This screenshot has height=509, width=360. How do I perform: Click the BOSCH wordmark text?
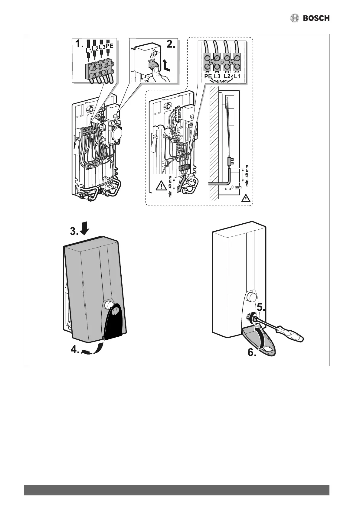pyautogui.click(x=316, y=18)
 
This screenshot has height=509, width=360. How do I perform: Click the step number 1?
pyautogui.click(x=78, y=44)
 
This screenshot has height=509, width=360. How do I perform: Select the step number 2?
pyautogui.click(x=171, y=44)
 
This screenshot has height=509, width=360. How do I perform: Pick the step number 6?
pyautogui.click(x=252, y=352)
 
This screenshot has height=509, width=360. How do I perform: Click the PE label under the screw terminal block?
pyautogui.click(x=208, y=76)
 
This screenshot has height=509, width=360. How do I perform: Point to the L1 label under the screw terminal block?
pyautogui.click(x=237, y=76)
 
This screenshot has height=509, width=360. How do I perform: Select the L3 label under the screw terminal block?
pyautogui.click(x=217, y=76)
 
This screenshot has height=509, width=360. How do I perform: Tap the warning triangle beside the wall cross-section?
pyautogui.click(x=246, y=199)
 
